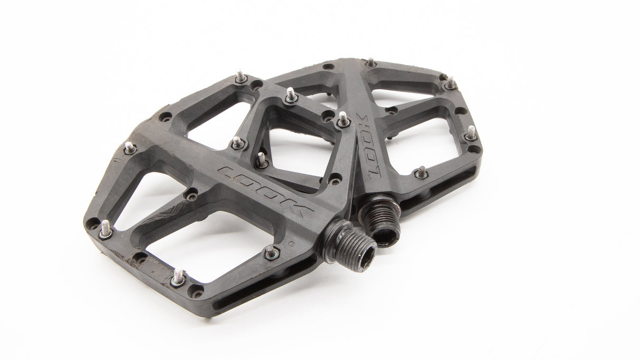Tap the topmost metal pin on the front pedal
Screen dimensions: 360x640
240,77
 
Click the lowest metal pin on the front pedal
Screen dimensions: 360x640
179,277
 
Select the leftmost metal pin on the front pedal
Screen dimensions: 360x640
105,228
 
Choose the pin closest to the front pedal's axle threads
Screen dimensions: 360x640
271,252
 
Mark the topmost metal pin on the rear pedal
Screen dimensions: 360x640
371,62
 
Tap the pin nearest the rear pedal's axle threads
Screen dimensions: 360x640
421,172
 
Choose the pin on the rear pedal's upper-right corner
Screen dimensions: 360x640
451,83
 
